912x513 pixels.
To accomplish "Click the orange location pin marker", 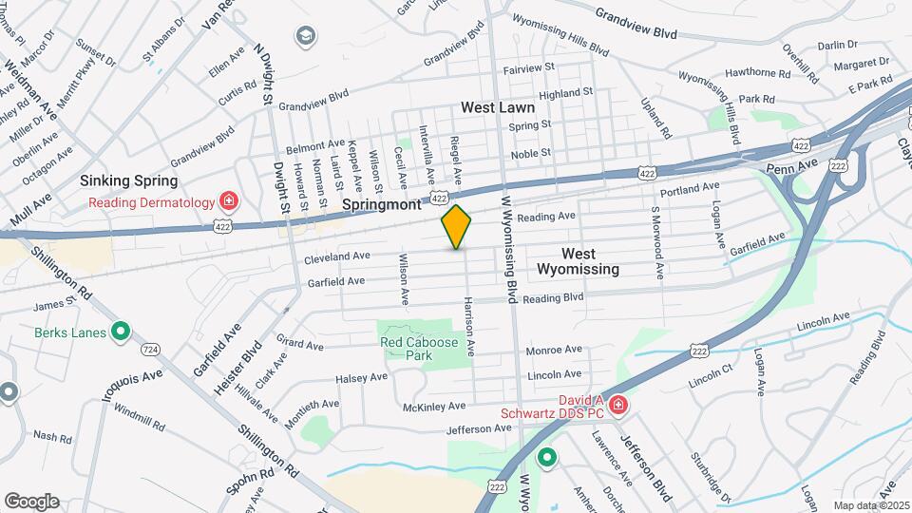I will [456, 227].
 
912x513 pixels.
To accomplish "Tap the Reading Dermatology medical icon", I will [228, 200].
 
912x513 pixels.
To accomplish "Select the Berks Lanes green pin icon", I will [121, 332].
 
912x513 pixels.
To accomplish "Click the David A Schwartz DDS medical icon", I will [617, 406].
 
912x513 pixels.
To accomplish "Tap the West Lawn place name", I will [498, 108].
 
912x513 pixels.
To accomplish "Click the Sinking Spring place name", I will [128, 180].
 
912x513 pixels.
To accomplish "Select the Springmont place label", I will [380, 204].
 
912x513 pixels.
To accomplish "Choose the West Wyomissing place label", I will [578, 261].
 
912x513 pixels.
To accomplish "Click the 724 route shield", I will [150, 350].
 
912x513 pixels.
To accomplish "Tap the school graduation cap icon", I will [306, 37].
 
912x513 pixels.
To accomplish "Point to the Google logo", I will [31, 501].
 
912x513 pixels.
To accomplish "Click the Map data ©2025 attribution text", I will [870, 505].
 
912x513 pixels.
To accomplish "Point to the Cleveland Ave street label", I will [337, 257].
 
